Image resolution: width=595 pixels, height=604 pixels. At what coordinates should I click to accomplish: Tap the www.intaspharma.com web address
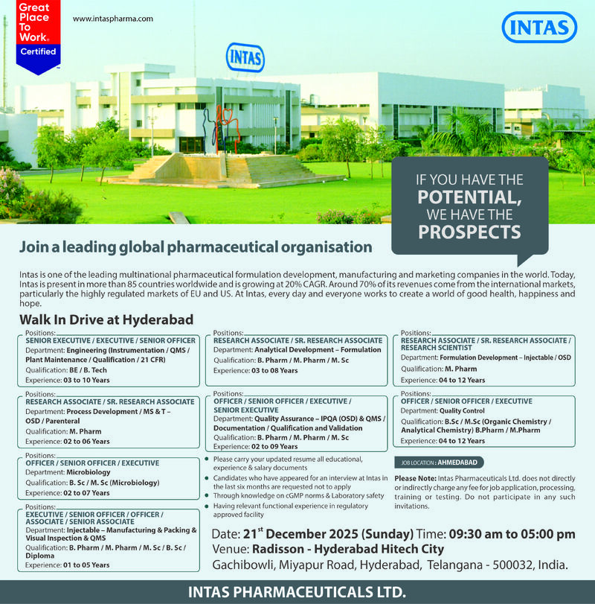tap(113, 18)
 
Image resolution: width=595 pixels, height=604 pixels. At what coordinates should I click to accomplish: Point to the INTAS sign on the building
tap(245, 57)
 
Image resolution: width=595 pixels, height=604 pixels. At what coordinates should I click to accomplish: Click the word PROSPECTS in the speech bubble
tap(469, 232)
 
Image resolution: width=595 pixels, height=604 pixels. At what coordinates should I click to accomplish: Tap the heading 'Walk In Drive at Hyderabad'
tap(106, 320)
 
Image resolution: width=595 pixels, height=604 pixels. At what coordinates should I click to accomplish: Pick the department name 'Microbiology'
tap(89, 471)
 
